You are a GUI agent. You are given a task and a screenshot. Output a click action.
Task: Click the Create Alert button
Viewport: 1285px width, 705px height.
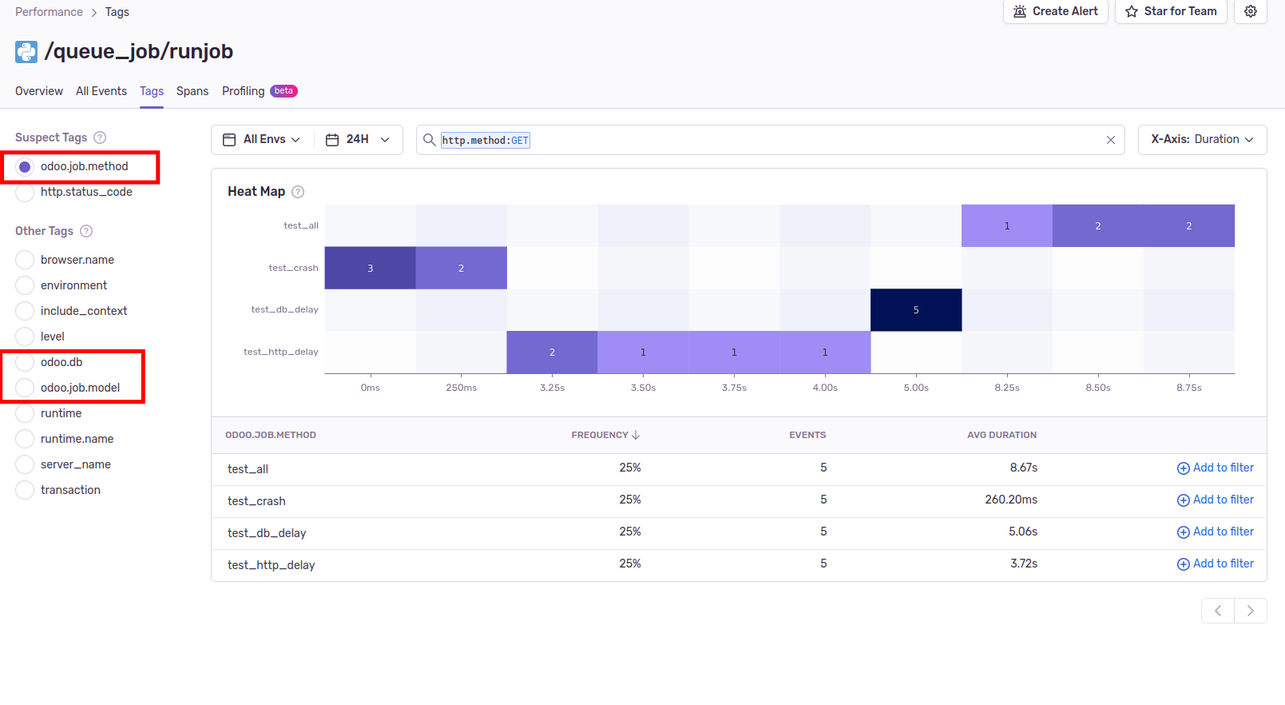pyautogui.click(x=1055, y=11)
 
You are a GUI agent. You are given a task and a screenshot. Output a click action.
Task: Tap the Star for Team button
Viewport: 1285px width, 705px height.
pyautogui.click(x=1171, y=11)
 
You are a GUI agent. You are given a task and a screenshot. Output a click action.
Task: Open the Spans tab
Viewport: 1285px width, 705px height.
pyautogui.click(x=192, y=91)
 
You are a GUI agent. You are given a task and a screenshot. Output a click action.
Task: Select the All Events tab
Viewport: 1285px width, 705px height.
pyautogui.click(x=101, y=91)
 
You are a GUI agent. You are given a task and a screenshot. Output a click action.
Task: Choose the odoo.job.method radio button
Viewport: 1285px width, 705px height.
pyautogui.click(x=25, y=167)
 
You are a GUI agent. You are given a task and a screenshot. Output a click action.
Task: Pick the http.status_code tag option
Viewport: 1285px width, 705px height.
pyautogui.click(x=25, y=193)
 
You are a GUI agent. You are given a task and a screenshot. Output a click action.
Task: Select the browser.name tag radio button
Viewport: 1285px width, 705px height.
pyautogui.click(x=25, y=260)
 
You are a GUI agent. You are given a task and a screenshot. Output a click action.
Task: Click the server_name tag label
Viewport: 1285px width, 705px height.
pyautogui.click(x=75, y=464)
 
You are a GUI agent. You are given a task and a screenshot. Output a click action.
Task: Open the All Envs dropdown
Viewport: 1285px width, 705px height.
pyautogui.click(x=262, y=140)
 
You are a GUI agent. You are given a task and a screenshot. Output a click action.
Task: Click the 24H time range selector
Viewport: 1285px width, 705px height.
pyautogui.click(x=358, y=140)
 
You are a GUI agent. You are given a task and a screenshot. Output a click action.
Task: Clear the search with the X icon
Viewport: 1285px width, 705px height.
pyautogui.click(x=1110, y=140)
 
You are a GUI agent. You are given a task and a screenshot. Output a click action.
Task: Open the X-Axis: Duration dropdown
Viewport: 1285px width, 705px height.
pyautogui.click(x=1202, y=140)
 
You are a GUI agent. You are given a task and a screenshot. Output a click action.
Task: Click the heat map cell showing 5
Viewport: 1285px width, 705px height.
pyautogui.click(x=916, y=310)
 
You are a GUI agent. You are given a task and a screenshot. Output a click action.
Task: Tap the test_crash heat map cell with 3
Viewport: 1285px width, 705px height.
pyautogui.click(x=370, y=269)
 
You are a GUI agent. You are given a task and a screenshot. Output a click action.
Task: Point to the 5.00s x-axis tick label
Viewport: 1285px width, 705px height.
pyautogui.click(x=916, y=388)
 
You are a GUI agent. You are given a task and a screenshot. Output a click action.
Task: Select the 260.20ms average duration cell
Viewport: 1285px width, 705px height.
pyautogui.click(x=1010, y=500)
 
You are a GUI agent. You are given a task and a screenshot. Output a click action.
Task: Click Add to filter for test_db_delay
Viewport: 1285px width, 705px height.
pyautogui.click(x=1215, y=532)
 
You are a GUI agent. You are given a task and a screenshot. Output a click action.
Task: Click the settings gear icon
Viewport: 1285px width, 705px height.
pyautogui.click(x=1251, y=11)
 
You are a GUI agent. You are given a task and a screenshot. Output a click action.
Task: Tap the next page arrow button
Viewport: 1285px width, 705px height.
pyautogui.click(x=1251, y=611)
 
